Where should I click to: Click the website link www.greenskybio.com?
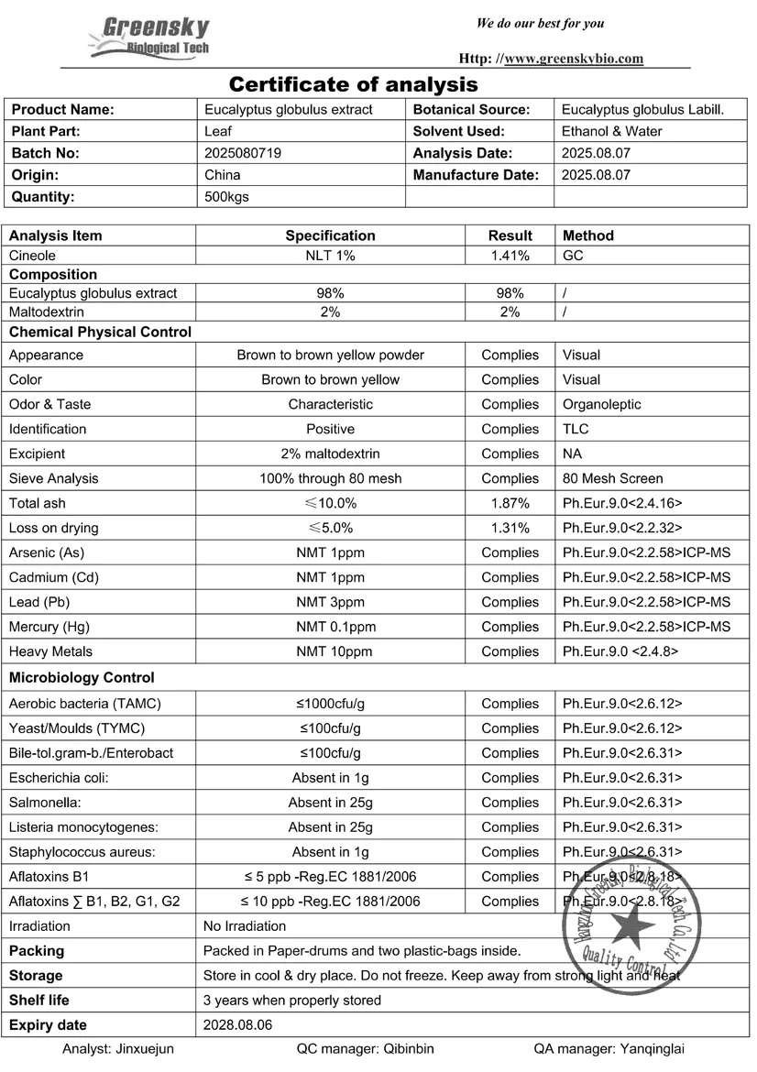click(574, 59)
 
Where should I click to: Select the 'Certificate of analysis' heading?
click(353, 85)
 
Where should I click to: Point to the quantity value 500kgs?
click(226, 196)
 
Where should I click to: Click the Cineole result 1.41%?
click(510, 256)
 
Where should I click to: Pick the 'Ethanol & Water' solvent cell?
click(611, 131)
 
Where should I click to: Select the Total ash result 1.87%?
click(510, 503)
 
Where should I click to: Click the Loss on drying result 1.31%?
click(510, 528)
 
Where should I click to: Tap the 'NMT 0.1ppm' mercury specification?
click(330, 627)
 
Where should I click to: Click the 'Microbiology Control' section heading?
click(81, 678)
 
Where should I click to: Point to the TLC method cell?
click(576, 429)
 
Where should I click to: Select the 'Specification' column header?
click(330, 235)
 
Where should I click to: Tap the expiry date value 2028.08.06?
click(237, 1025)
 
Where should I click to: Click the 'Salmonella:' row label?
click(45, 803)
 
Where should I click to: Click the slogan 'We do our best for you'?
click(540, 23)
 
